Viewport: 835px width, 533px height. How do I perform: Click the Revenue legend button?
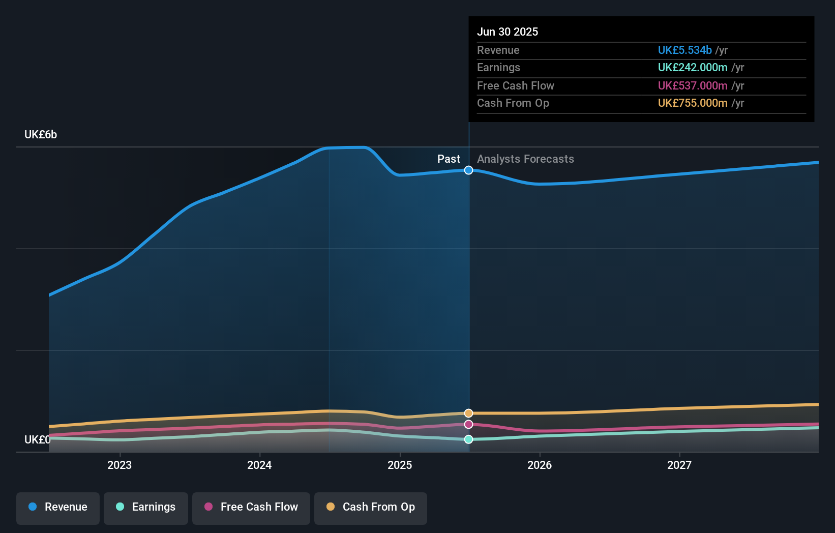(x=58, y=508)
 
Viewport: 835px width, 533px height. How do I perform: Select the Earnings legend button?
(x=146, y=508)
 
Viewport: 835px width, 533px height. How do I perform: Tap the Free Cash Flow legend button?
(x=251, y=508)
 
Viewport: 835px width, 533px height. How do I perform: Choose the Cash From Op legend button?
(x=371, y=508)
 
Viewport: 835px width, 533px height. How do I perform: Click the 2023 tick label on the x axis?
(x=120, y=465)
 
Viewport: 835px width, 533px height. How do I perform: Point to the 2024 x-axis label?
(x=259, y=465)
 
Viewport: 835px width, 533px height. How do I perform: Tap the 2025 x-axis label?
(x=400, y=465)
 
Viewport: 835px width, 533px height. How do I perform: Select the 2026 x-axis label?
(x=540, y=465)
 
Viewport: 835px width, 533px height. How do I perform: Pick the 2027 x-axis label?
(x=679, y=465)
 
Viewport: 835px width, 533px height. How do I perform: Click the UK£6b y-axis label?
(x=41, y=135)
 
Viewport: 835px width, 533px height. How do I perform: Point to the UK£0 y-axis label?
(x=37, y=439)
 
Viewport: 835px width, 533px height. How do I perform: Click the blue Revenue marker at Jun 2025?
(x=469, y=170)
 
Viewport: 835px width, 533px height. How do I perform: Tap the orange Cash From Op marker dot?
(x=469, y=413)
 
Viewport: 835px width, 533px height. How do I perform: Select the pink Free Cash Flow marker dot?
(x=469, y=424)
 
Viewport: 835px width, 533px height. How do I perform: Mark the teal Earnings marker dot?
(x=469, y=439)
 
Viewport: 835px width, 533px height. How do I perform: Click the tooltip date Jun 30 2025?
(x=508, y=32)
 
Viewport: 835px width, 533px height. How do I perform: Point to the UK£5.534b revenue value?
(x=684, y=50)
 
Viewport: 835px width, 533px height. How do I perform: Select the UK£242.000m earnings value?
(x=693, y=67)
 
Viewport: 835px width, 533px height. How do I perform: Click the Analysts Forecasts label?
(x=525, y=159)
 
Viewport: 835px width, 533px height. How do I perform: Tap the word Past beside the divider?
(x=449, y=159)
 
